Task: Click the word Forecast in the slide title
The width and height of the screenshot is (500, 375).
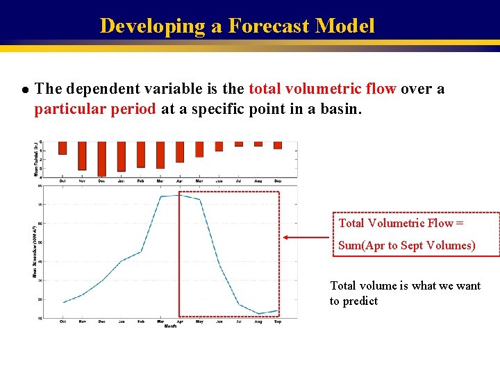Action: (268, 26)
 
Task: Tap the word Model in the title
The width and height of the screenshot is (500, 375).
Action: (344, 26)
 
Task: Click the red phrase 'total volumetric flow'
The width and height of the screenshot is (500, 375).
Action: (322, 89)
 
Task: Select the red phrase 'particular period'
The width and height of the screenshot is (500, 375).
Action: (95, 110)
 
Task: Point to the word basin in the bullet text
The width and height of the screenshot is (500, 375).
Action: (340, 110)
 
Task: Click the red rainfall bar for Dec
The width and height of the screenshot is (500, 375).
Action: (101, 158)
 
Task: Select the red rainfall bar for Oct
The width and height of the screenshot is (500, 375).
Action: (62, 148)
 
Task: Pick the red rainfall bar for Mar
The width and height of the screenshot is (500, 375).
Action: (160, 155)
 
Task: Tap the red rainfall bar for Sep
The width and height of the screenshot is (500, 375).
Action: (278, 145)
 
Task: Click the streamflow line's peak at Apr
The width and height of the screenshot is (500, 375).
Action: (180, 195)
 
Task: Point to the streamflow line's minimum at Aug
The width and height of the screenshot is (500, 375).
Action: (258, 313)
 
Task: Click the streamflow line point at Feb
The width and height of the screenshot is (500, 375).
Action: (141, 251)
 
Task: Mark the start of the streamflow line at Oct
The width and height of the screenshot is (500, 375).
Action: (63, 302)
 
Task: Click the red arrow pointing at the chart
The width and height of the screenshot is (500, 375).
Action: (306, 237)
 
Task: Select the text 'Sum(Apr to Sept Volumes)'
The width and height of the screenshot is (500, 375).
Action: (406, 245)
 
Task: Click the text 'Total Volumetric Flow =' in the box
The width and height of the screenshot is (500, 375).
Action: (401, 223)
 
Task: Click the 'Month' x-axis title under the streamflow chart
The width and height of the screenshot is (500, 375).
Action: (169, 326)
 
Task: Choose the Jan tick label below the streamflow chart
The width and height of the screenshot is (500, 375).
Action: (121, 321)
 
